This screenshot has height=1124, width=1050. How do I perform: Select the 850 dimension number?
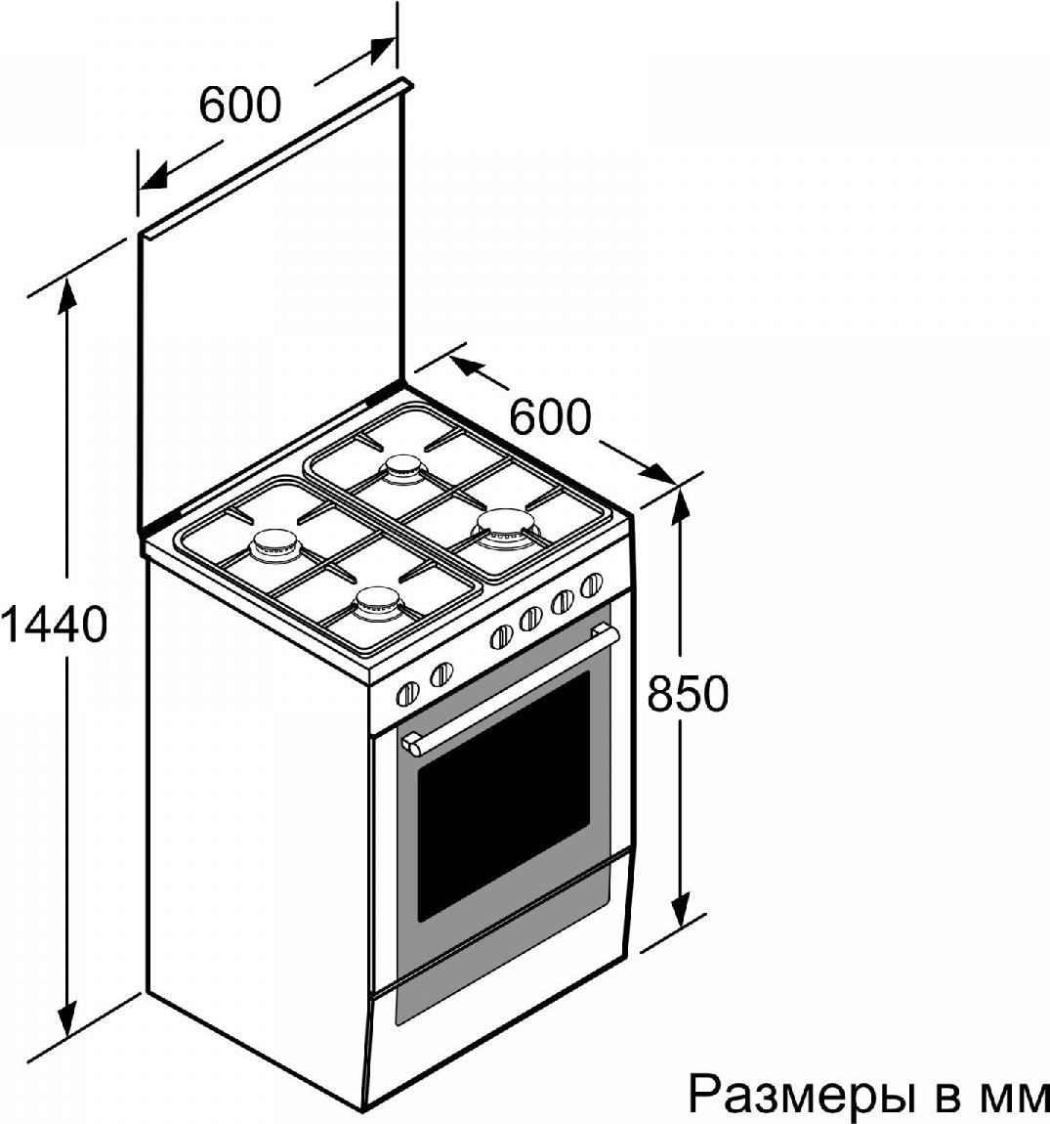(x=688, y=693)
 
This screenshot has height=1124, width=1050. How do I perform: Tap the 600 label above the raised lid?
(x=240, y=104)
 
